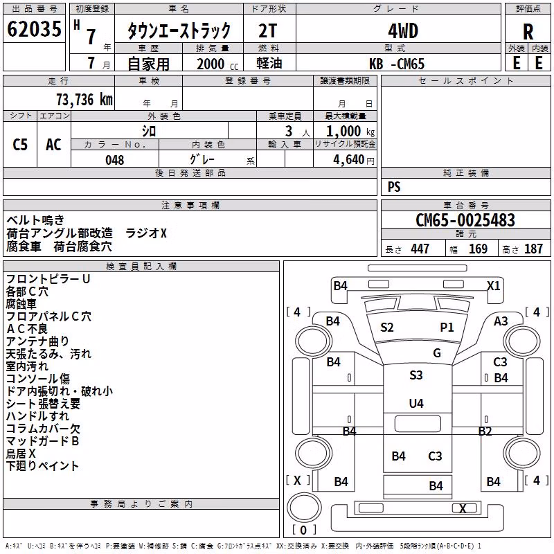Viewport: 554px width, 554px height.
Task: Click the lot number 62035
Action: [34, 29]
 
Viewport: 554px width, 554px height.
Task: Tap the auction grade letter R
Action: [528, 32]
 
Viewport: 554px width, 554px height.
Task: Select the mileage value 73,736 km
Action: [84, 100]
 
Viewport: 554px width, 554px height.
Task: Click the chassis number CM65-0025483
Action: [465, 220]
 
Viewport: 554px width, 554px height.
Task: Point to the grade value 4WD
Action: [403, 31]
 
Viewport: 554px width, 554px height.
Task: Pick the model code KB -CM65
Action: [397, 64]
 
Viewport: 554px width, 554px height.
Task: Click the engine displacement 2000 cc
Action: [217, 64]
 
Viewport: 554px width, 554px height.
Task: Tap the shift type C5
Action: [20, 145]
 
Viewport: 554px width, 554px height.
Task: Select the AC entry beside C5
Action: [53, 145]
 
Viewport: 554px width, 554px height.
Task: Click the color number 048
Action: [115, 160]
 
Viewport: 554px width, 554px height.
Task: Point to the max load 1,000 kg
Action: [350, 132]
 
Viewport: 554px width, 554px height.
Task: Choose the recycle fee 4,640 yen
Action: [354, 160]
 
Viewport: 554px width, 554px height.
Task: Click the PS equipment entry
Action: [394, 186]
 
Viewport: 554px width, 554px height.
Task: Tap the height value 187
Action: [533, 249]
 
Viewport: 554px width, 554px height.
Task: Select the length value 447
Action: [420, 249]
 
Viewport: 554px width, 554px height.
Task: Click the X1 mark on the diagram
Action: [494, 285]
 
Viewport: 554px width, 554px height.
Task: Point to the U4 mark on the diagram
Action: [416, 403]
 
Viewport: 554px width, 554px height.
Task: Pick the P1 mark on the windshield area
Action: [447, 327]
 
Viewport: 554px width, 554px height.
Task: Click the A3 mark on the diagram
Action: [501, 321]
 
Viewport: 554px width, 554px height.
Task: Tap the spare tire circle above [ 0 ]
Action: [304, 508]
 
